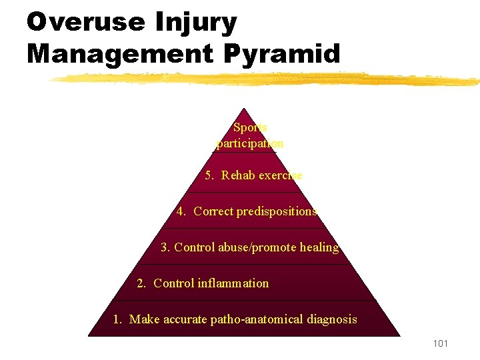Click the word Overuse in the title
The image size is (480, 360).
coord(85,22)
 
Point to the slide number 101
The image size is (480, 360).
coord(440,343)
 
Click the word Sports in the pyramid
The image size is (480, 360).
coord(251,127)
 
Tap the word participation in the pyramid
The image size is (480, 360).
coord(251,143)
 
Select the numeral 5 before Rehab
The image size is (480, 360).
coord(209,175)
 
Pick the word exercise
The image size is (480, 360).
coord(280,175)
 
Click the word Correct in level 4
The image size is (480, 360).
coord(213,211)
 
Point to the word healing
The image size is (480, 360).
coord(319,247)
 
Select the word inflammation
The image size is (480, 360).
coord(233,283)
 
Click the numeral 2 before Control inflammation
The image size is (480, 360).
coord(141,283)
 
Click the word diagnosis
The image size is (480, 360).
coord(332,319)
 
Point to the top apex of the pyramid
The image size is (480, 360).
coord(245,109)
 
